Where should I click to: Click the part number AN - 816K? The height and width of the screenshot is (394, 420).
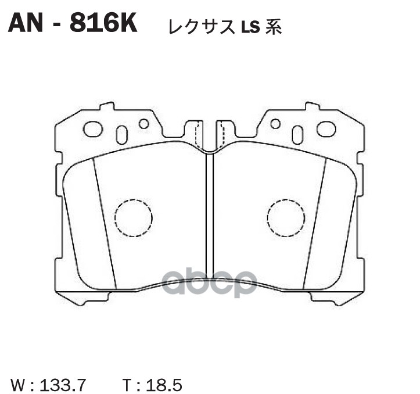point(71,24)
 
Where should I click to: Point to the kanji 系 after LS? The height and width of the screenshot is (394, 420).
point(273,27)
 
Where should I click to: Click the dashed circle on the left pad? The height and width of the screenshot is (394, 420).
point(133,218)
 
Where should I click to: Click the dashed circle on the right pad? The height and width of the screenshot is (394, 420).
point(286,218)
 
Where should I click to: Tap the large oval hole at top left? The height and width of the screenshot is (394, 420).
point(93,129)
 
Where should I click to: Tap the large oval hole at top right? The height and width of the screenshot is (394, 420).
point(326,129)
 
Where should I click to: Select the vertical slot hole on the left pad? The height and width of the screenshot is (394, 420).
point(122,135)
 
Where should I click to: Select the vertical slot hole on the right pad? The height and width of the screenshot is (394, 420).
point(297,135)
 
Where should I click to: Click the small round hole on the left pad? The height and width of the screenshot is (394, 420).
point(143,123)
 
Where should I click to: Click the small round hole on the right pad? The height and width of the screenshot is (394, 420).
point(275,123)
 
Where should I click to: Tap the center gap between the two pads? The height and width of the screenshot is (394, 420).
point(210,221)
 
